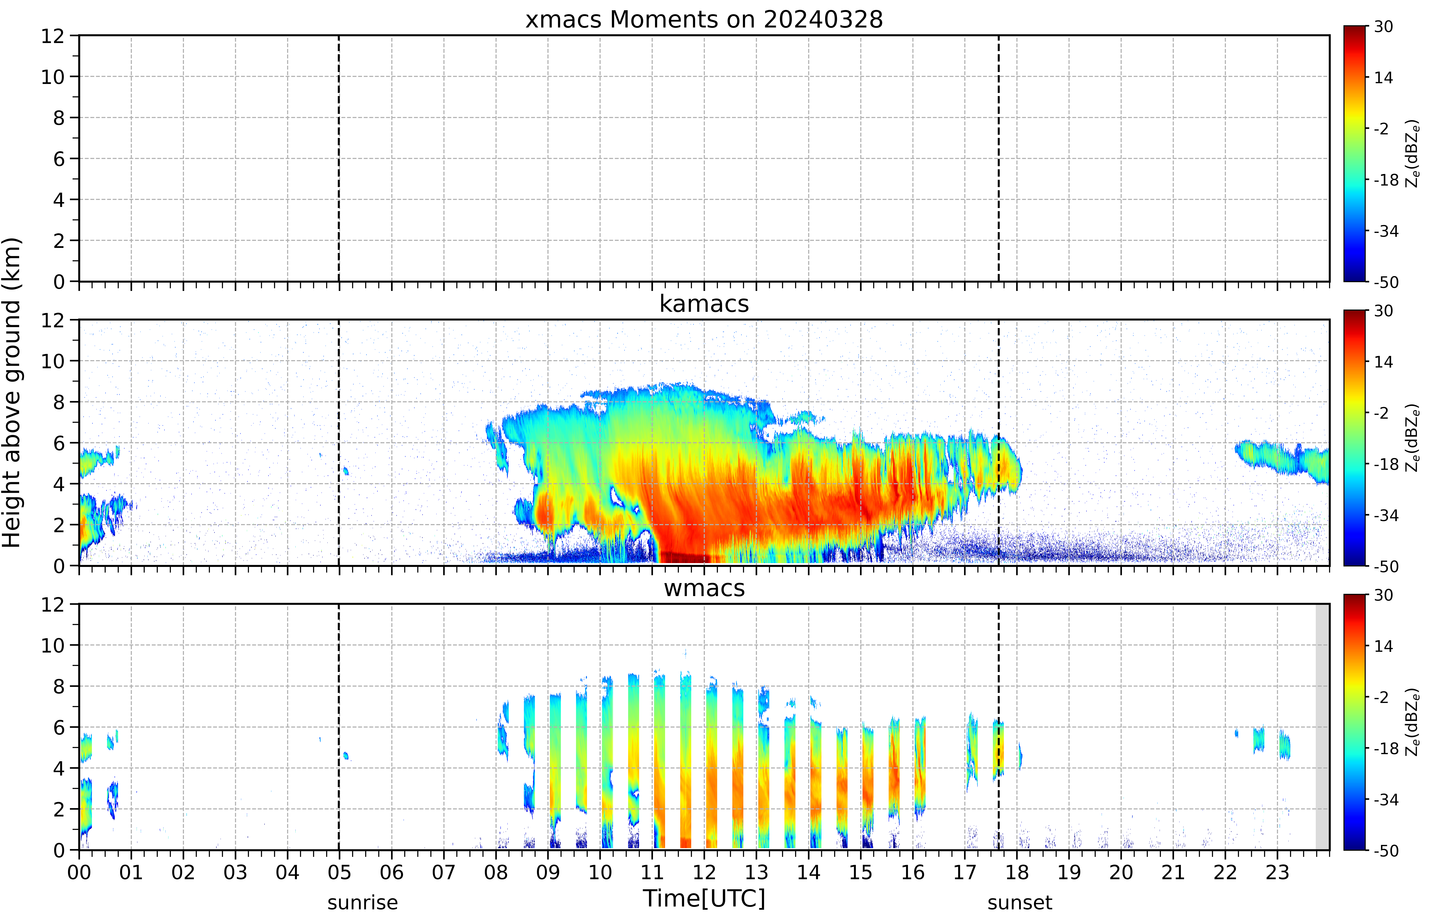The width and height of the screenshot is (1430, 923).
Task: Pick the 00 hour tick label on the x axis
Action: point(79,872)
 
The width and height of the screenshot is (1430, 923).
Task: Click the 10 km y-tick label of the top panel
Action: point(53,77)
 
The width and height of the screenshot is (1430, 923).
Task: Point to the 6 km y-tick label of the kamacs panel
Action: point(59,443)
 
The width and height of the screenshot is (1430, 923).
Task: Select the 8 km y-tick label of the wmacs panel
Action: point(59,686)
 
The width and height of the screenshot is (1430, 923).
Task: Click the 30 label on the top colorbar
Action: point(1383,26)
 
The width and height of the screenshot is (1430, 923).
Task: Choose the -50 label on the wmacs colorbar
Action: point(1386,850)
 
